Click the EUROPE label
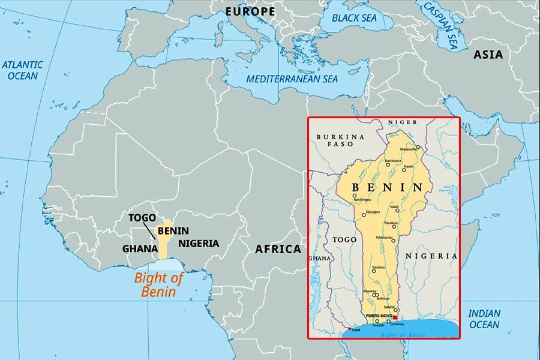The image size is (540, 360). [250, 11]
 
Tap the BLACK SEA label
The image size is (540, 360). [354, 18]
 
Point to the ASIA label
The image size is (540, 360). [488, 55]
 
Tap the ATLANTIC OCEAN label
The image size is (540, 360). [22, 70]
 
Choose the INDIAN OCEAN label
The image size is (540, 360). [484, 319]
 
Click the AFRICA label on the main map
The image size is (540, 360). [277, 248]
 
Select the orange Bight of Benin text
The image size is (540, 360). [158, 285]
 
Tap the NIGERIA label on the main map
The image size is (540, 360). [199, 244]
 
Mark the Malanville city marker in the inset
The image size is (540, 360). [418, 147]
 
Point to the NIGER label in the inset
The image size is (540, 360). [402, 122]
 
